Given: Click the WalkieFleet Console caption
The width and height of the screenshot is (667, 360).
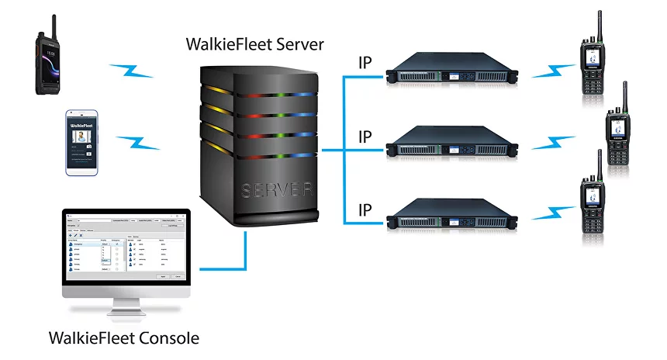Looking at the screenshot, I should (x=124, y=338).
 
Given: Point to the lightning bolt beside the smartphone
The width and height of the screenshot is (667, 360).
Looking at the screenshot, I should (x=138, y=143).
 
